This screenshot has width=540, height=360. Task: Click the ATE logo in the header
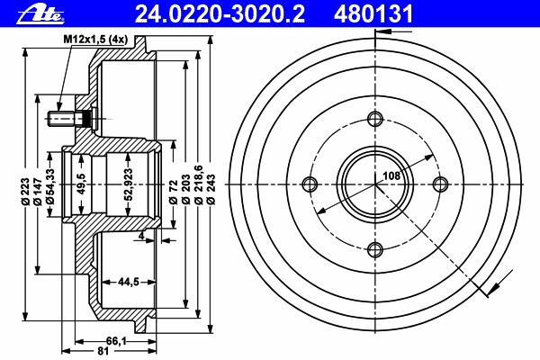coord(40,14)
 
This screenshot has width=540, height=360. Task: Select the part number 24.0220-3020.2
coord(220,14)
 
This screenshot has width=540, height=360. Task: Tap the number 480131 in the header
coord(373,14)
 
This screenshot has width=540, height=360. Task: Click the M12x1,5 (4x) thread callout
coord(95,40)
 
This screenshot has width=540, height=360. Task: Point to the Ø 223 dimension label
coord(25,192)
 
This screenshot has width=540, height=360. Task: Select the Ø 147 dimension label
coord(38,192)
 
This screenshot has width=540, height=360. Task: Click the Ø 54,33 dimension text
coord(50,186)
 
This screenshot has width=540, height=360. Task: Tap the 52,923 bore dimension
coord(128,184)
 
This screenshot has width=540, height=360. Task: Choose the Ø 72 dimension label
coord(173,192)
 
